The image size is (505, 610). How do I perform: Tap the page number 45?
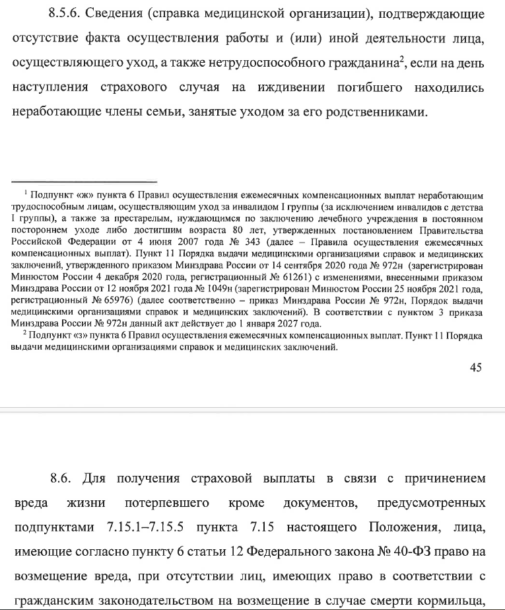click(476, 369)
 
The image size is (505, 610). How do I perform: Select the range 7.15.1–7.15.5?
click(152, 528)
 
